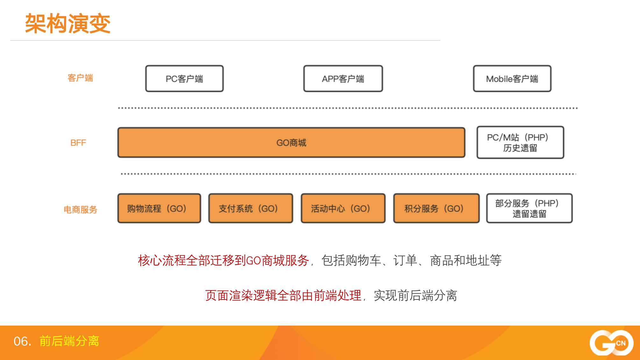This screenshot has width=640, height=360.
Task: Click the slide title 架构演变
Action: coord(68,24)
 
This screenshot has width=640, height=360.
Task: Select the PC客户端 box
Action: coord(184,79)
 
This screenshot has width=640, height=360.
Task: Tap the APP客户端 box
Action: coord(343,79)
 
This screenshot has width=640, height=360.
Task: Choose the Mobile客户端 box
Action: coord(512,79)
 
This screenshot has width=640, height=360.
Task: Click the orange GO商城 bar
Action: coord(291,143)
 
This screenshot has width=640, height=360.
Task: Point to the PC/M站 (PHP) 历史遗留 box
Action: coord(520,142)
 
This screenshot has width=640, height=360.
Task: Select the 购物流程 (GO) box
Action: coord(159,208)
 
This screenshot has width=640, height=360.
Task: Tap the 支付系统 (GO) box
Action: coord(251,208)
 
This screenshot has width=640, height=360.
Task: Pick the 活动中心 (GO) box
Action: coord(343,208)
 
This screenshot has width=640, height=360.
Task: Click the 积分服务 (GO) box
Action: coord(436,208)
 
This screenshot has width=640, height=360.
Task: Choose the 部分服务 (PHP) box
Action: coord(529,208)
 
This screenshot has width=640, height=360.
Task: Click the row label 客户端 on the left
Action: coord(80,78)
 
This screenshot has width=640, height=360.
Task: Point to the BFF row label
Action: coord(78,143)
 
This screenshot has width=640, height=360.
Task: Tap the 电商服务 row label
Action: coord(80,210)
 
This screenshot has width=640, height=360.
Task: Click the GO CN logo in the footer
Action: coord(611,343)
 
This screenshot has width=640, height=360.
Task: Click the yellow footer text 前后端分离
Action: coord(69,341)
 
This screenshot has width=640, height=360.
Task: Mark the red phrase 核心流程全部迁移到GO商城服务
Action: coord(224,260)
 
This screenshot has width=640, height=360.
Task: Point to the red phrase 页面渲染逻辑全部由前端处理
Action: coord(283,295)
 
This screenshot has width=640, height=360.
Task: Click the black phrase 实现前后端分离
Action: coord(416,295)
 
